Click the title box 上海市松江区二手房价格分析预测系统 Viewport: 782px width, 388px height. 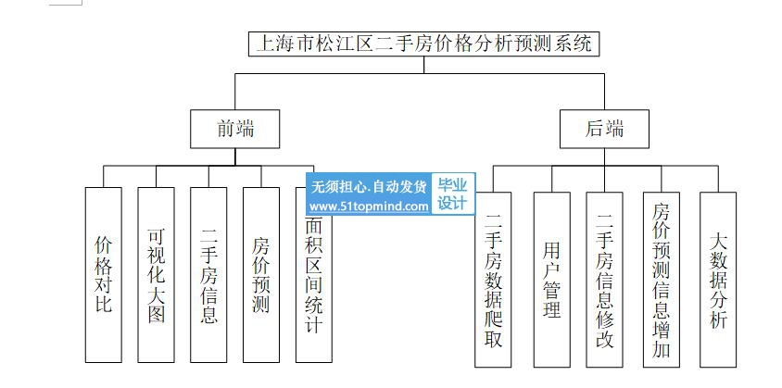click(423, 44)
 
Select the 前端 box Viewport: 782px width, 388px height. click(234, 130)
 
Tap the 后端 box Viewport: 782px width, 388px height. click(604, 130)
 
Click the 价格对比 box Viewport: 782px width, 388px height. click(103, 274)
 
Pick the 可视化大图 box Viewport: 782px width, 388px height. click(156, 274)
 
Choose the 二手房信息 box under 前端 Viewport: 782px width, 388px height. click(208, 274)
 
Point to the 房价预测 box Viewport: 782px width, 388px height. click(261, 274)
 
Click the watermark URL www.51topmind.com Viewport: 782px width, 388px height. click(369, 207)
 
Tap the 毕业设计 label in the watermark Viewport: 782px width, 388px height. click(452, 194)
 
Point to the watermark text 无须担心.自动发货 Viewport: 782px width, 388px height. click(369, 185)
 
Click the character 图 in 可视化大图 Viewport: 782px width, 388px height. click(156, 314)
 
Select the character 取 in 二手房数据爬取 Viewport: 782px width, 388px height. click(493, 338)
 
